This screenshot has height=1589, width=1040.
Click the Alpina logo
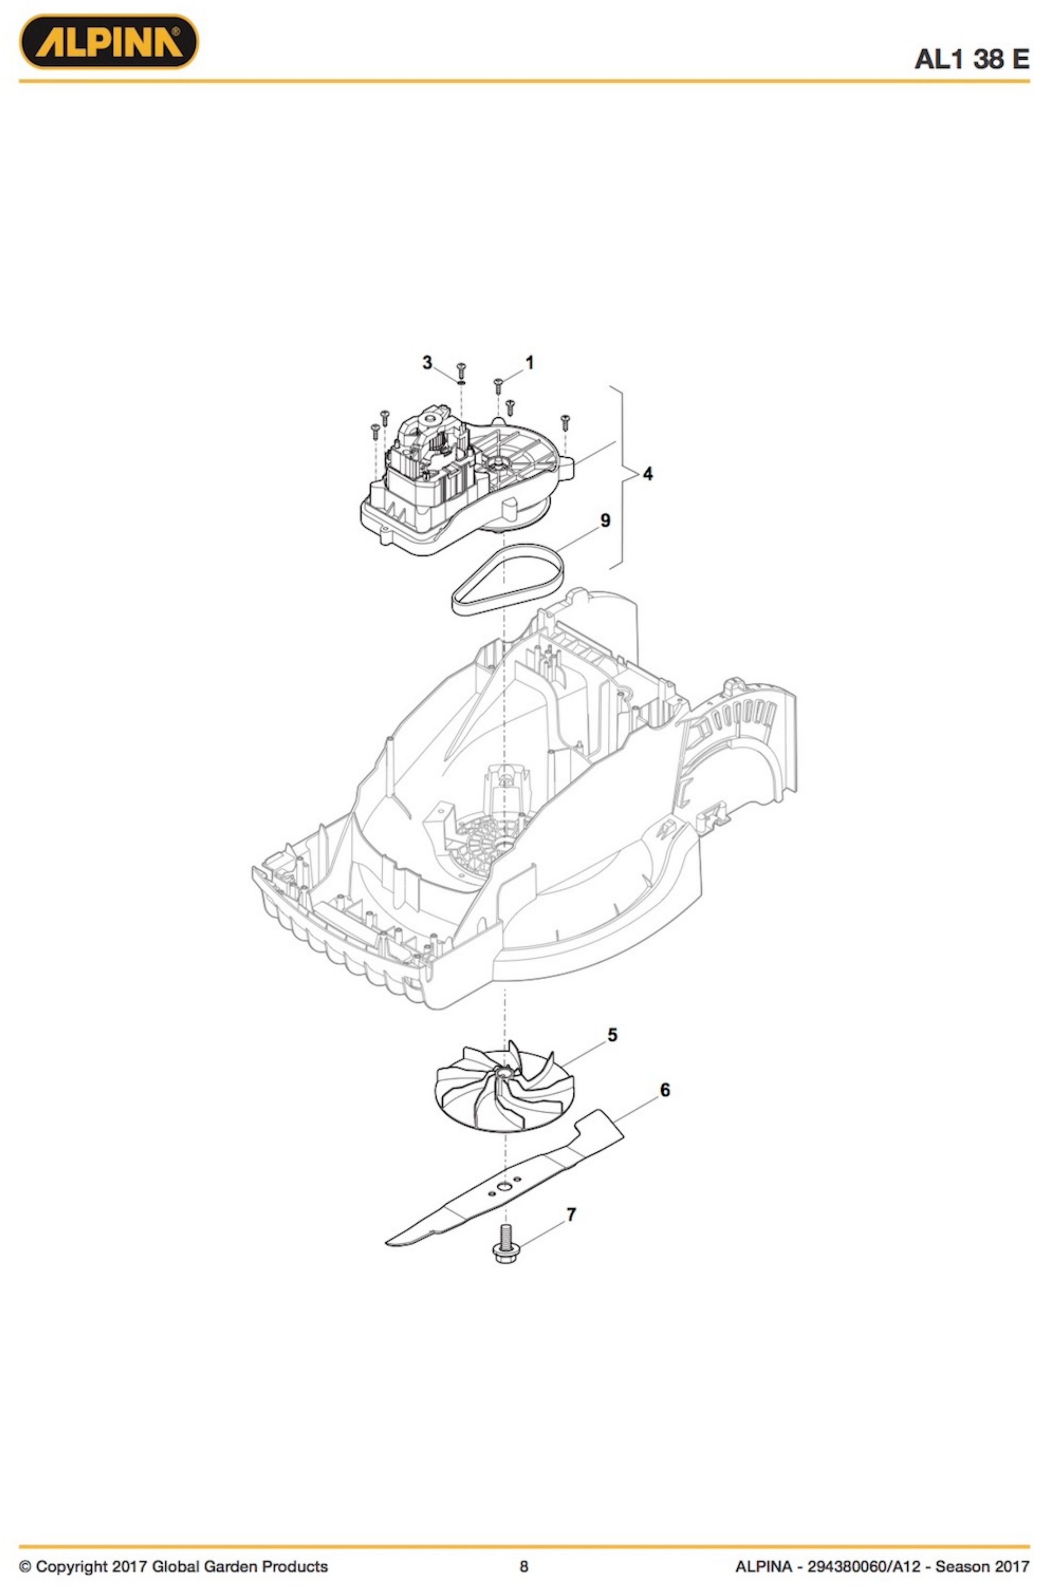point(108,41)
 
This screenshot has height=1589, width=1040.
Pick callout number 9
point(605,520)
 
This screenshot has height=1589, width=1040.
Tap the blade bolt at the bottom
point(506,1244)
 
